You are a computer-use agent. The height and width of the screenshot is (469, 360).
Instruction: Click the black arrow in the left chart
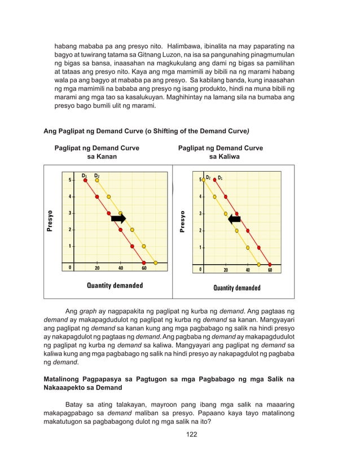pos(118,219)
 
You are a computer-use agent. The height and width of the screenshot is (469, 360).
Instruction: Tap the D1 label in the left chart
pos(85,176)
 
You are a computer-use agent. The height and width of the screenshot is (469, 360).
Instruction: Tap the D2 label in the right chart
pos(208,178)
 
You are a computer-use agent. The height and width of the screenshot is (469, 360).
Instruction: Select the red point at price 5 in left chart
pos(85,181)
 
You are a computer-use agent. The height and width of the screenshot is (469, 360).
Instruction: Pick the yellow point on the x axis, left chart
pos(156,262)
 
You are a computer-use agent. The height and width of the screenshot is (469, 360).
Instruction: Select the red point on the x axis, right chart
pos(270,264)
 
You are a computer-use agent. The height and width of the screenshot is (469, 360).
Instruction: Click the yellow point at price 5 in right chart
pos(203,180)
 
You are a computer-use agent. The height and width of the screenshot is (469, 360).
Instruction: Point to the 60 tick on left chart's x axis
pos(144,268)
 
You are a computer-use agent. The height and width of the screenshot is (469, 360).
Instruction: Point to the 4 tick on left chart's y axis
pos(70,197)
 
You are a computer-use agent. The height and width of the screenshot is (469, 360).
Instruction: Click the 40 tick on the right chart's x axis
pos(248,270)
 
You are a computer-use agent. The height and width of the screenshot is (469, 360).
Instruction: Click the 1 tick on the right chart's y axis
pos(199,248)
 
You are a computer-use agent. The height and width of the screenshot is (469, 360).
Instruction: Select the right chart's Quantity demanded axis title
pos(236,288)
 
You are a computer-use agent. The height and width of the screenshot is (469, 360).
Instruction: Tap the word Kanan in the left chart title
pos(106,156)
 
